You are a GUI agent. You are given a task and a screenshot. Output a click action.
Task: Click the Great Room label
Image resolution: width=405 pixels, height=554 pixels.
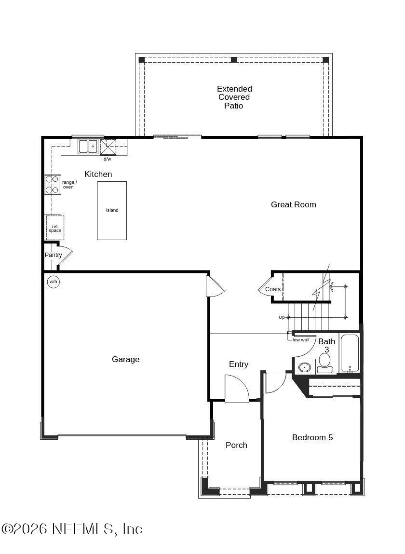click(293, 204)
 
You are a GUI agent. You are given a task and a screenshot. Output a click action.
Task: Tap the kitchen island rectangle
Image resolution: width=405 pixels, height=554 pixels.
click(112, 210)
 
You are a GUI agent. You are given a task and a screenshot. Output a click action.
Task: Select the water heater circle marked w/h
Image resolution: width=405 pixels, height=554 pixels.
click(53, 282)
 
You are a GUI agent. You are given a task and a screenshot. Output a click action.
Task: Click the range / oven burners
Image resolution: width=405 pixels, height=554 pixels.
click(52, 184)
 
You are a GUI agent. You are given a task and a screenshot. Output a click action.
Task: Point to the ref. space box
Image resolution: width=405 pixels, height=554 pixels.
click(55, 228)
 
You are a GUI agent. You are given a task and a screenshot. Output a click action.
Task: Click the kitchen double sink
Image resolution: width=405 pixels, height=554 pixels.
click(88, 146)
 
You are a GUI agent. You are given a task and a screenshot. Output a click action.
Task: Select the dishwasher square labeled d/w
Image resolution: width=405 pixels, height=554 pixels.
click(108, 147)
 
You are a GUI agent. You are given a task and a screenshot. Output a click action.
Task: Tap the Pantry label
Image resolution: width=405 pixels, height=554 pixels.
click(53, 255)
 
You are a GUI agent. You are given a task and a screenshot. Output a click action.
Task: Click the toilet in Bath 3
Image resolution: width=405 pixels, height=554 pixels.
click(324, 363)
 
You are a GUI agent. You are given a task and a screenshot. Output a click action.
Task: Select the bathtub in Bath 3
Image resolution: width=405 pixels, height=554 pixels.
click(350, 353)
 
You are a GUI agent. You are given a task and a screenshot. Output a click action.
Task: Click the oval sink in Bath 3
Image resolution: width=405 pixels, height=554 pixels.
click(305, 367)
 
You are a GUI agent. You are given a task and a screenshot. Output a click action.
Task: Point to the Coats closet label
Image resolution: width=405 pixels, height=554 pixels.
click(272, 289)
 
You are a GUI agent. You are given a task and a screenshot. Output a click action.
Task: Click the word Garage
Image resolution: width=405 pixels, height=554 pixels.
click(125, 359)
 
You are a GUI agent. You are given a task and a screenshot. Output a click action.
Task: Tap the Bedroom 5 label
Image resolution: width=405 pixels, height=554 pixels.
click(312, 437)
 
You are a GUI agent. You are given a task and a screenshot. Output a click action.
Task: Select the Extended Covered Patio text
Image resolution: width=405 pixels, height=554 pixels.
click(234, 97)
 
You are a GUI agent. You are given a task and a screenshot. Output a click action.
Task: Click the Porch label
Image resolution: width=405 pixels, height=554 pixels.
click(236, 445)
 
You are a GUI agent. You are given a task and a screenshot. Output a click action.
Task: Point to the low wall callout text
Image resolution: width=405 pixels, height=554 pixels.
click(301, 340)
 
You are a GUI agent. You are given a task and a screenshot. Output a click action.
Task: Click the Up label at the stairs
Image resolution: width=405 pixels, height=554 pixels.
click(282, 317)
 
